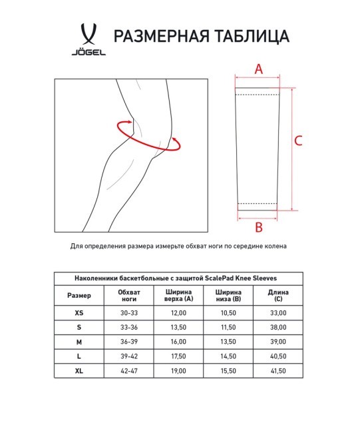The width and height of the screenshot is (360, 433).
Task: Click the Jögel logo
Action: pyautogui.click(x=86, y=40)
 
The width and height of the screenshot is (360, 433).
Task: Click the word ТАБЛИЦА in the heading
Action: pyautogui.click(x=250, y=36)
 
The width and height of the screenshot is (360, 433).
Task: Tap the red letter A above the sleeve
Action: pyautogui.click(x=259, y=69)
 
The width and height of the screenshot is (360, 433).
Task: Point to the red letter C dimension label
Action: pyautogui.click(x=299, y=141)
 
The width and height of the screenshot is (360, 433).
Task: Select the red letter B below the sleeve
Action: pyautogui.click(x=259, y=227)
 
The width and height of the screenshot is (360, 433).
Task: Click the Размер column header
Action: pyautogui.click(x=80, y=295)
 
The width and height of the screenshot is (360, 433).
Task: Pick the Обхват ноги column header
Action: pyautogui.click(x=128, y=295)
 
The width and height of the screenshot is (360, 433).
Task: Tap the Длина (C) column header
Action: pyautogui.click(x=277, y=295)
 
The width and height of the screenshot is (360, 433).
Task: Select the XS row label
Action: pyautogui.click(x=80, y=312)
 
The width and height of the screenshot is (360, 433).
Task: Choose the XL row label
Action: pyautogui.click(x=80, y=370)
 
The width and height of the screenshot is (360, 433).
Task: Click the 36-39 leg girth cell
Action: pyautogui.click(x=128, y=342)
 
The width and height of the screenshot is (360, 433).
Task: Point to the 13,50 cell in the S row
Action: pyautogui.click(x=178, y=327)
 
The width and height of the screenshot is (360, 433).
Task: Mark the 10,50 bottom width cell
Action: pyautogui.click(x=228, y=312)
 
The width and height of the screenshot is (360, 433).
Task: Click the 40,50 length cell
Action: pyautogui.click(x=277, y=356)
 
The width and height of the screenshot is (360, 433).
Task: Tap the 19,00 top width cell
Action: pyautogui.click(x=178, y=370)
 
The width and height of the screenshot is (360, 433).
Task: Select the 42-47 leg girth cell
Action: pyautogui.click(x=128, y=370)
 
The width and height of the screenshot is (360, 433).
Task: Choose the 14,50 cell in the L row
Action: pyautogui.click(x=228, y=356)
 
